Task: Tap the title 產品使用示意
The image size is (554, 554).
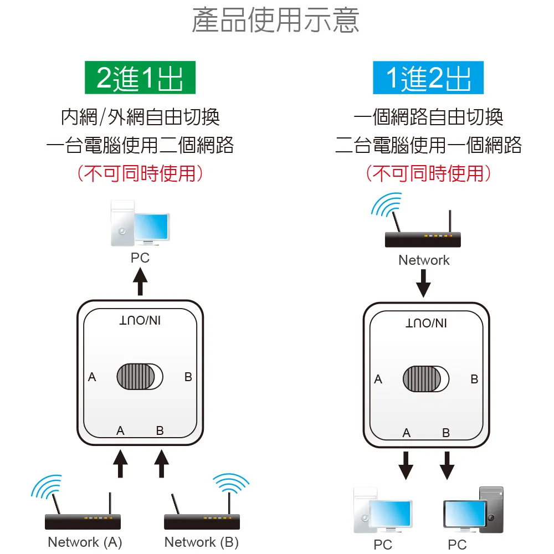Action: pos(276,20)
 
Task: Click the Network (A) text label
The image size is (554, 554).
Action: pos(85,542)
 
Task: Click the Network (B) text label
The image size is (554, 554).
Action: pos(202,542)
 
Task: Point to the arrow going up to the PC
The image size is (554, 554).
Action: pos(141,281)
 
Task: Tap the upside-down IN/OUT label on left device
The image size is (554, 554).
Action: pos(140,321)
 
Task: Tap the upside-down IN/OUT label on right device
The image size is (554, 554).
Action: pos(426,323)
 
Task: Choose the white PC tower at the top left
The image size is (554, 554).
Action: pos(122,223)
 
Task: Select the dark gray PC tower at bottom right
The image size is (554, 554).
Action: pos(491,510)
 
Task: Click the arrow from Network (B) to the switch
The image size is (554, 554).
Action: pos(161,463)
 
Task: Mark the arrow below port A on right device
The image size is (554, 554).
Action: pos(406,464)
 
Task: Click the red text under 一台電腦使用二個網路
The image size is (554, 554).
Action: pos(140,173)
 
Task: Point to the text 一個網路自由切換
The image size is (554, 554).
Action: pos(428,117)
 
